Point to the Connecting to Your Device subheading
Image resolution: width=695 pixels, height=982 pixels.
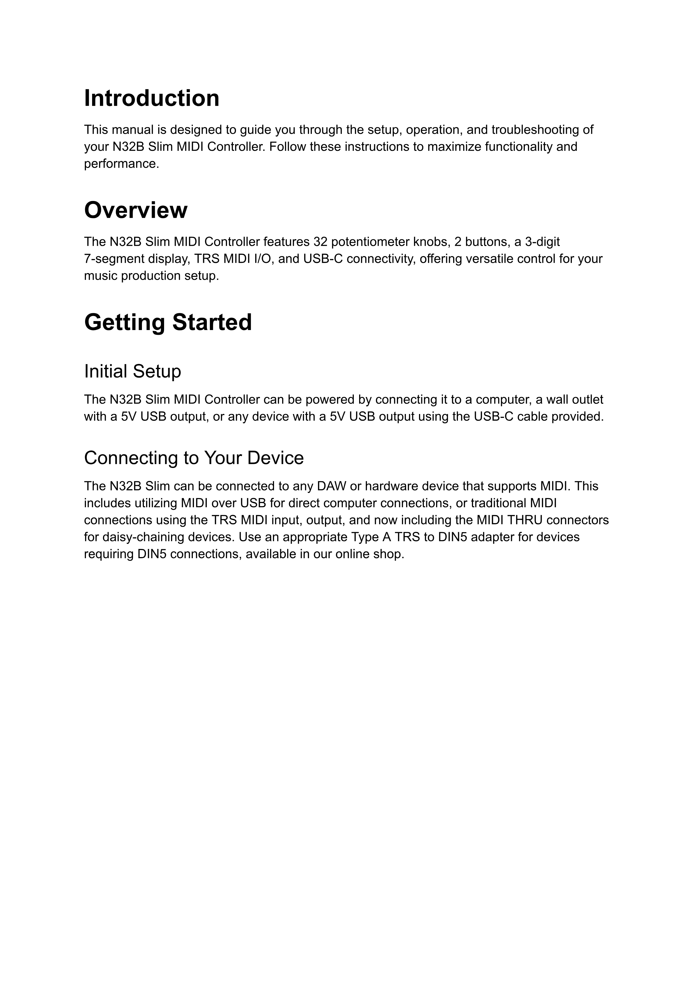[x=194, y=458]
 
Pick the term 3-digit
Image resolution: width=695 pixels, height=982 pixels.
[x=542, y=242]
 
